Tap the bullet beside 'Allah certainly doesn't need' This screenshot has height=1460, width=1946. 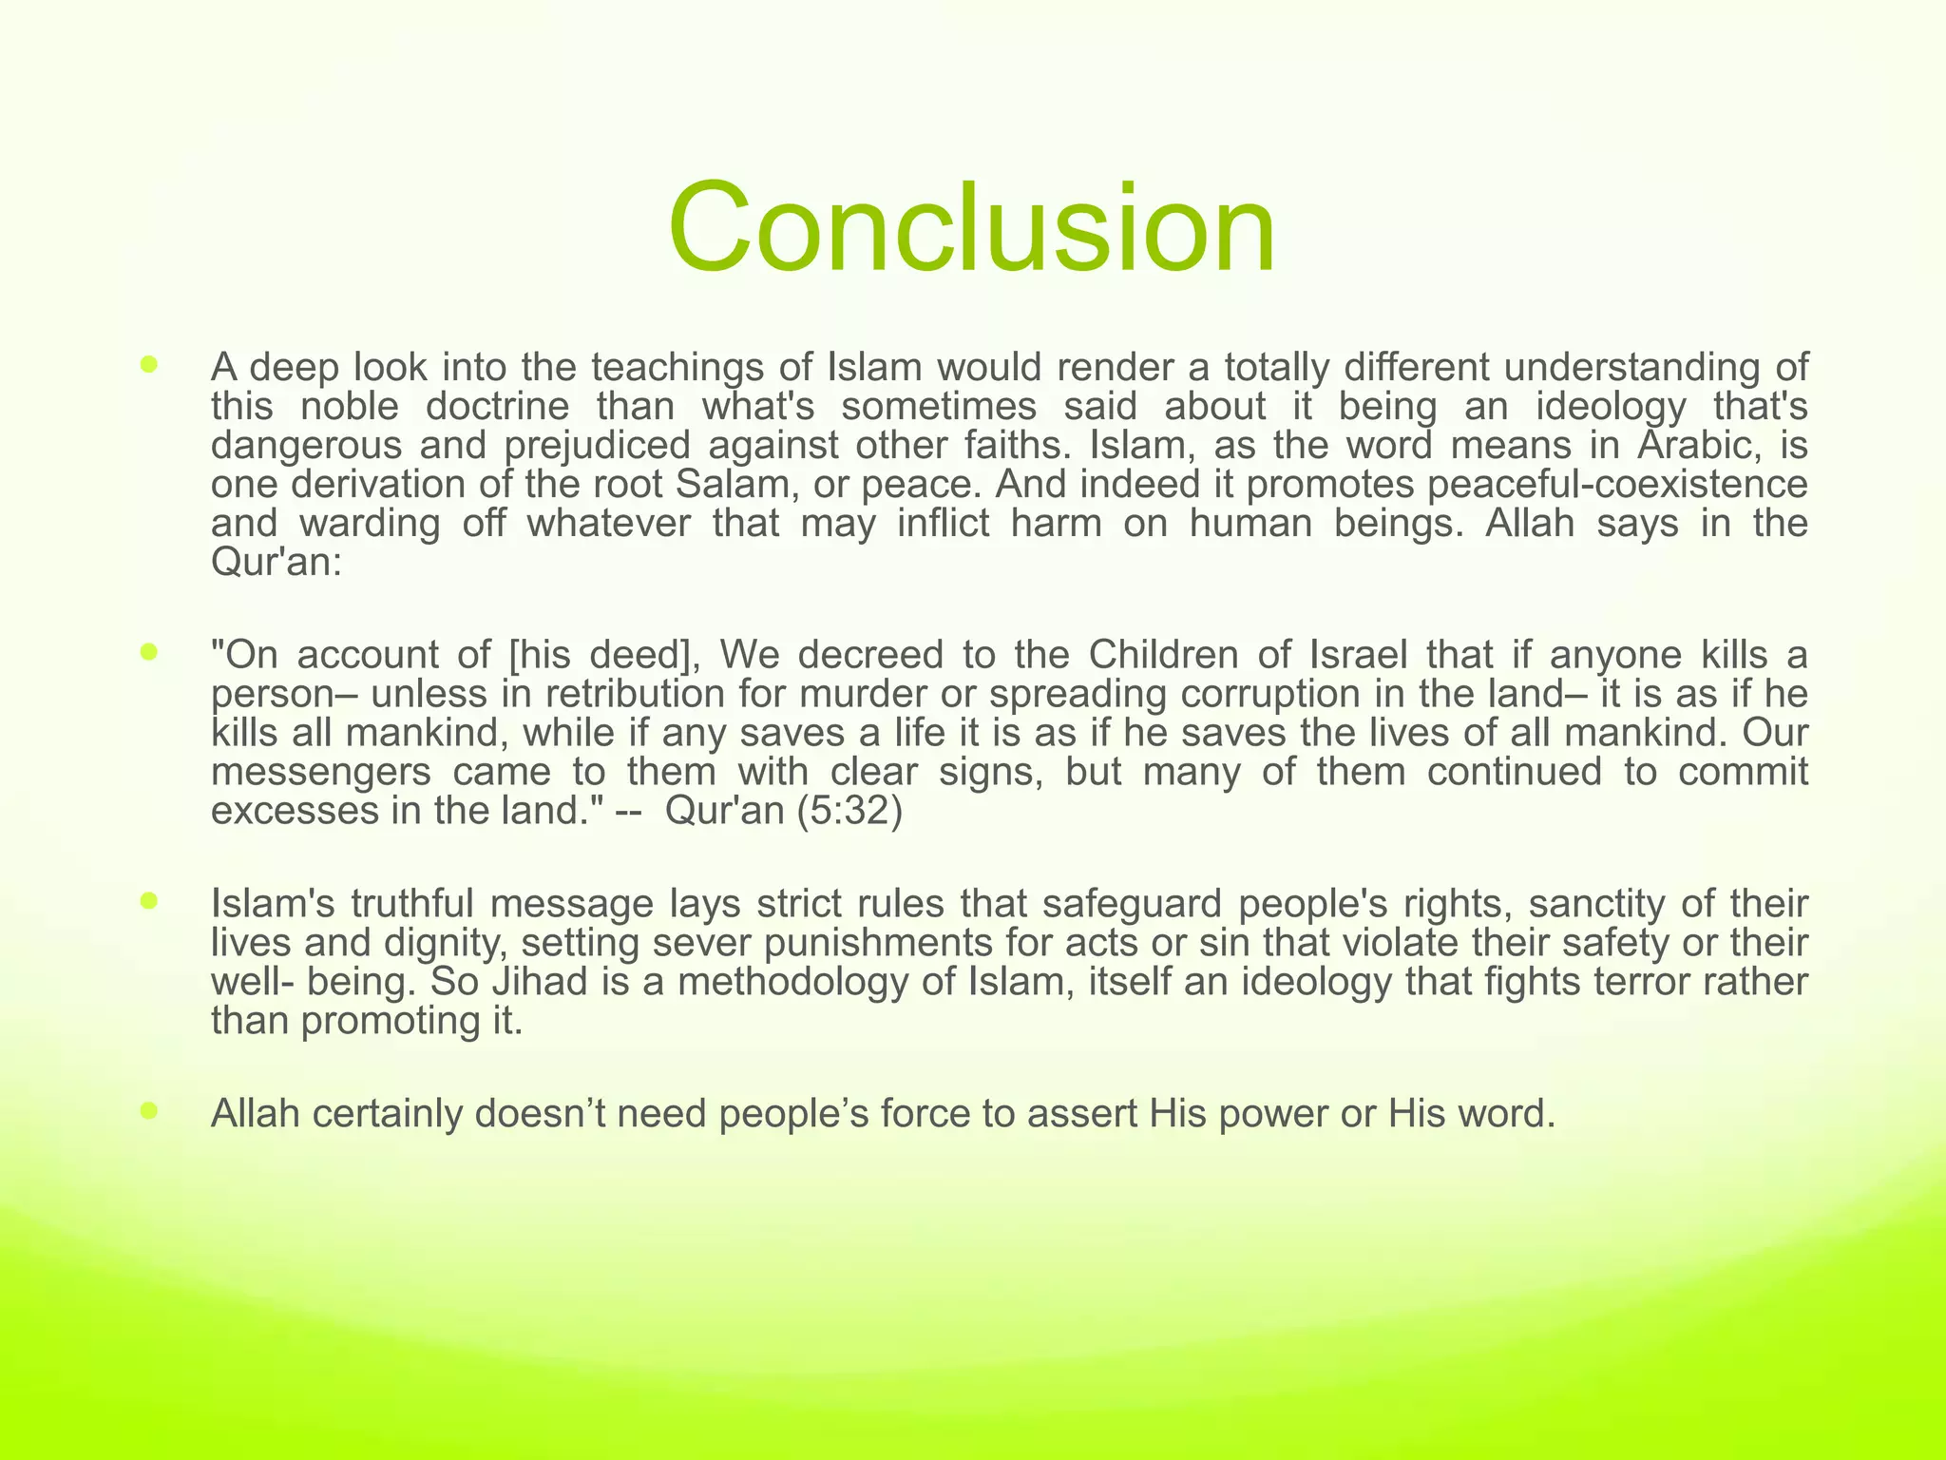[148, 1109]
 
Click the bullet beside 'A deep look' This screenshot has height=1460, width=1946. [148, 363]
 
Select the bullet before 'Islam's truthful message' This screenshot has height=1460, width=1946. [148, 899]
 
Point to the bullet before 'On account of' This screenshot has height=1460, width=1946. [148, 651]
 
